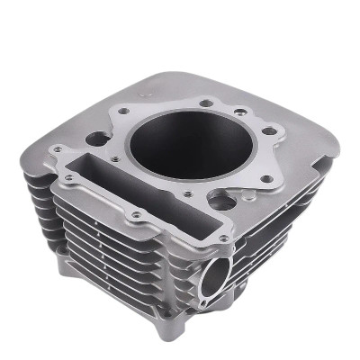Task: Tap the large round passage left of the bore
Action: tap(95, 139)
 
